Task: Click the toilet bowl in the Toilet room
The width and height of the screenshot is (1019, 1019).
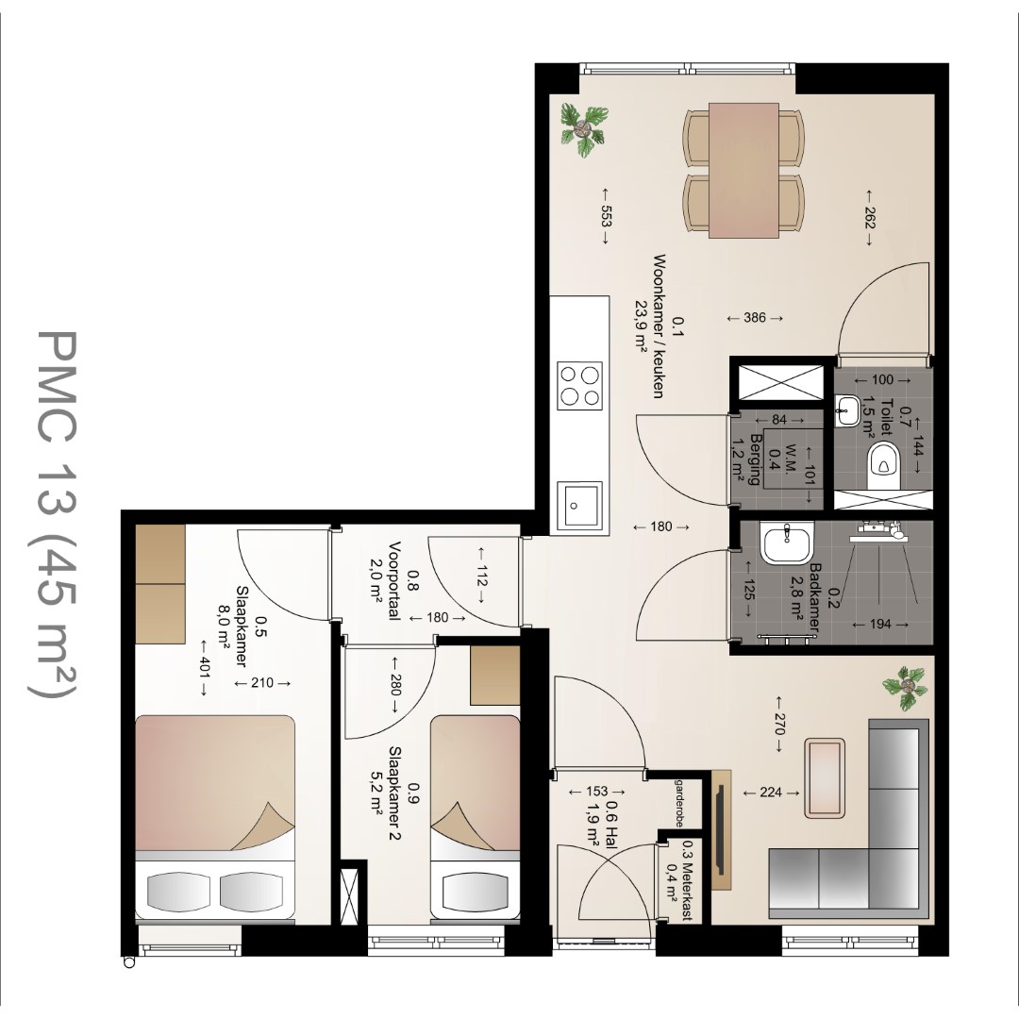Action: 883,464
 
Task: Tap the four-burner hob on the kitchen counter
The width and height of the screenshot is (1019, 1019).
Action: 579,385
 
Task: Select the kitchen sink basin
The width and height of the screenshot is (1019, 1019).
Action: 579,504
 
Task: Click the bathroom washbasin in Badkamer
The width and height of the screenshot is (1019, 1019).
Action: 785,545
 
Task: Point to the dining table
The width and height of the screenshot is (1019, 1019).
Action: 743,170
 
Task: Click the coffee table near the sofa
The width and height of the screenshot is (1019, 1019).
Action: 825,777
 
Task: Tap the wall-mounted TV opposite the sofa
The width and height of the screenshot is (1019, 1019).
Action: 721,828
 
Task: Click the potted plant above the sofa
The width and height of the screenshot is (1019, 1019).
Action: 905,688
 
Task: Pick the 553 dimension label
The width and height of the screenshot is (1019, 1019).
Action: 605,216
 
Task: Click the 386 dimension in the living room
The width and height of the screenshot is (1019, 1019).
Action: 755,318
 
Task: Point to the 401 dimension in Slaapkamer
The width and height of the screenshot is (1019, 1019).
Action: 204,669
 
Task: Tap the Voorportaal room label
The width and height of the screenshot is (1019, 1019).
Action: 393,581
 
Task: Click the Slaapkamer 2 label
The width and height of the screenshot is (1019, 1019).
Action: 393,793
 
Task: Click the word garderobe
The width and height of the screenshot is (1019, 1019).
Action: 679,803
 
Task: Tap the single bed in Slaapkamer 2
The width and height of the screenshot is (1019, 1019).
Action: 475,817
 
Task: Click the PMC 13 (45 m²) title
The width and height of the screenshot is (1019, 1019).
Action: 54,513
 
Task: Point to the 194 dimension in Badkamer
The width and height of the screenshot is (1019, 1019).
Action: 880,624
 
